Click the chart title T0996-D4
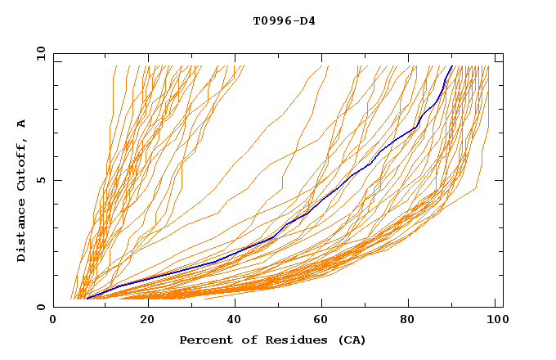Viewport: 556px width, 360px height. [284, 20]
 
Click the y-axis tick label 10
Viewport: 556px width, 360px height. [40, 53]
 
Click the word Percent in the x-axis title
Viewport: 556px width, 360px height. [204, 340]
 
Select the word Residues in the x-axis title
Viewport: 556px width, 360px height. [284, 340]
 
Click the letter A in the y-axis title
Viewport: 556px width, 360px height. [22, 124]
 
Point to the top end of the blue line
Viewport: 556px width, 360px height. [451, 66]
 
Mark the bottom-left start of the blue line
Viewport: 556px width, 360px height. [87, 299]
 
